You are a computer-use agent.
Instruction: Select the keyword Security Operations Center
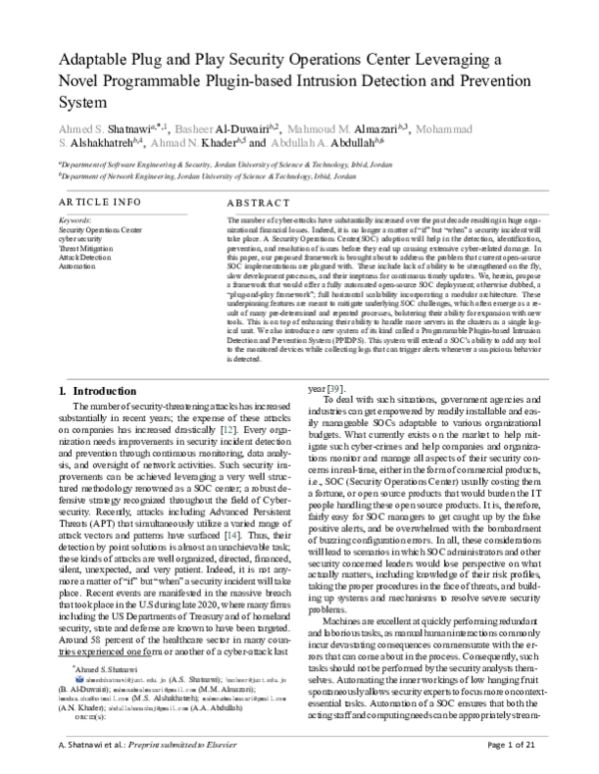[x=100, y=229]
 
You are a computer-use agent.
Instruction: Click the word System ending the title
[x=84, y=102]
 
